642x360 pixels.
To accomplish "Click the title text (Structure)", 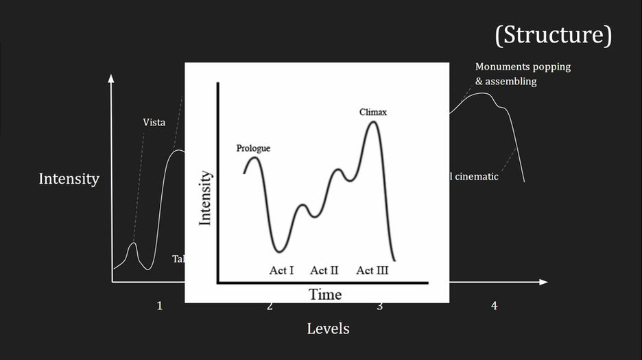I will pyautogui.click(x=553, y=35).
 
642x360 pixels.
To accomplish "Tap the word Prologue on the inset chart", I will pyautogui.click(x=253, y=148).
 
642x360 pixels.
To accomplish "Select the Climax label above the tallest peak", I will pyautogui.click(x=373, y=112).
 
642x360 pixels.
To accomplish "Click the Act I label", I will pyautogui.click(x=281, y=270).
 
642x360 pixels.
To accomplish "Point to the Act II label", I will pyautogui.click(x=324, y=270).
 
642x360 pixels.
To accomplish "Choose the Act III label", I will pyautogui.click(x=372, y=270).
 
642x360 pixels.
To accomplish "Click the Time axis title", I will pyautogui.click(x=325, y=294).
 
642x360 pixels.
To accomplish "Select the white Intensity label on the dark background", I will pyautogui.click(x=69, y=179).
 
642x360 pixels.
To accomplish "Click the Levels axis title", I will pyautogui.click(x=328, y=328).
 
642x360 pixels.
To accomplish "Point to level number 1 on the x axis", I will pyautogui.click(x=160, y=306).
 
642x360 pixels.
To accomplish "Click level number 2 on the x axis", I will pyautogui.click(x=270, y=306).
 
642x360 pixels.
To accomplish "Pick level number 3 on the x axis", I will pyautogui.click(x=379, y=306).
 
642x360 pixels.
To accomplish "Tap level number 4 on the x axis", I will pyautogui.click(x=494, y=306).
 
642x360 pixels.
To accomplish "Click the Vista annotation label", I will pyautogui.click(x=154, y=123).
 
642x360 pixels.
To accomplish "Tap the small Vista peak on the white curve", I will pyautogui.click(x=134, y=244).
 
